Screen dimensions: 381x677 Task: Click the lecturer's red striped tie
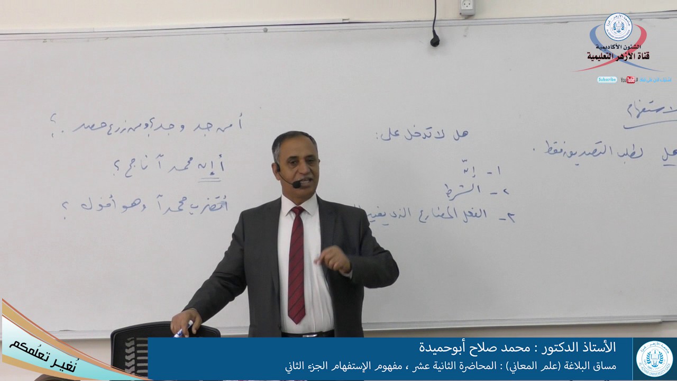(297, 265)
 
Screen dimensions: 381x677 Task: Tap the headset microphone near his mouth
(296, 184)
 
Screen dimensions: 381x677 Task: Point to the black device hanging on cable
(435, 40)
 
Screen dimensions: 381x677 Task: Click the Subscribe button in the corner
(607, 80)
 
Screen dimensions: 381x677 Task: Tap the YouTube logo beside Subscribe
(628, 80)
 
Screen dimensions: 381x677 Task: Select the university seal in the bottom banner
(654, 359)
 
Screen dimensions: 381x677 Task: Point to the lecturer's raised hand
(334, 259)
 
